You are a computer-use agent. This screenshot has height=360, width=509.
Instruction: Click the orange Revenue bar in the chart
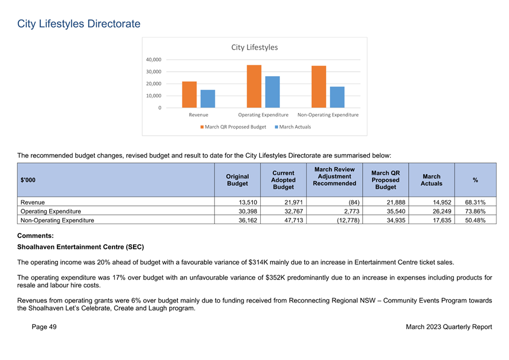pyautogui.click(x=189, y=95)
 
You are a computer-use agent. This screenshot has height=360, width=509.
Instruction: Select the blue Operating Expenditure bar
pyautogui.click(x=272, y=92)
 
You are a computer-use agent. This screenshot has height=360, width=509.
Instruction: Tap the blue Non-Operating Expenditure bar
pyautogui.click(x=337, y=97)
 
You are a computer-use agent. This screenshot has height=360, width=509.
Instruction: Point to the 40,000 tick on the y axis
pyautogui.click(x=154, y=60)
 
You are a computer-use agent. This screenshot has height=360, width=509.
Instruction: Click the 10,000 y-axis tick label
pyautogui.click(x=154, y=96)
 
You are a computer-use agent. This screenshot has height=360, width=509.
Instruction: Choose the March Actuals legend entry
pyautogui.click(x=293, y=127)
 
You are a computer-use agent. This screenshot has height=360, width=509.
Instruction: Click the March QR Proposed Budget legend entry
pyautogui.click(x=233, y=127)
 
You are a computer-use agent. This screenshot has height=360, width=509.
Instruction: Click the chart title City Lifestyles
pyautogui.click(x=254, y=48)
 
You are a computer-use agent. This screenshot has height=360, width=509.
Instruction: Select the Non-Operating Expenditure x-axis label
pyautogui.click(x=328, y=115)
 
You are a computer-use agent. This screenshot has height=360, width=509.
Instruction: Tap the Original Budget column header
pyautogui.click(x=237, y=180)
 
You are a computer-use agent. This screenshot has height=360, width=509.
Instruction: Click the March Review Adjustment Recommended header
pyautogui.click(x=334, y=176)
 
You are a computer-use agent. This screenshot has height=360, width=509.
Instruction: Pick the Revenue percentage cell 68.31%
pyautogui.click(x=475, y=202)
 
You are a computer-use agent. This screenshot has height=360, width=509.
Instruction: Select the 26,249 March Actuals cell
pyautogui.click(x=442, y=212)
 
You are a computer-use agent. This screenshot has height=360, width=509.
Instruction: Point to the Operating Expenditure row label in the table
pyautogui.click(x=50, y=212)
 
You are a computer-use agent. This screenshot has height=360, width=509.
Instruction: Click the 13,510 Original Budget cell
pyautogui.click(x=248, y=202)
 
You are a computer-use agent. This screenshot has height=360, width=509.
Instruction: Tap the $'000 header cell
pyautogui.click(x=28, y=180)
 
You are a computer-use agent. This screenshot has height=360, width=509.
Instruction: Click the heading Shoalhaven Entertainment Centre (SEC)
pyautogui.click(x=80, y=247)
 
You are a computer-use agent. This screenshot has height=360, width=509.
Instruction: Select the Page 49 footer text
pyautogui.click(x=44, y=327)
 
